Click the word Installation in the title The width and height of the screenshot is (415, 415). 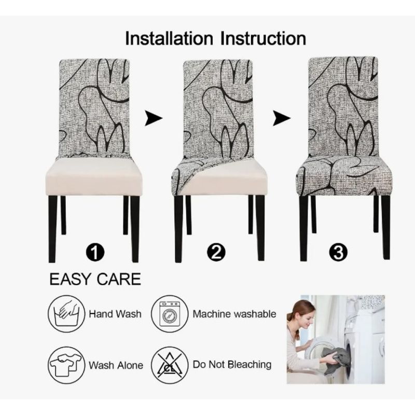(x=169, y=38)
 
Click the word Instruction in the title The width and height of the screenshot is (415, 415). (x=263, y=38)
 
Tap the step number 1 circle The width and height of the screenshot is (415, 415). (x=95, y=252)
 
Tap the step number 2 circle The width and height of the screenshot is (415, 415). (x=216, y=252)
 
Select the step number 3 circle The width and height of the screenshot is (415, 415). (x=338, y=252)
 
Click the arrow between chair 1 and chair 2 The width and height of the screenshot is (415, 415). (x=154, y=118)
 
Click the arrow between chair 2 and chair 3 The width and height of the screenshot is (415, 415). (x=282, y=118)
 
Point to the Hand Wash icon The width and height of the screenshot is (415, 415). (x=66, y=314)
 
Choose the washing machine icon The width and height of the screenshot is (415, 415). (x=170, y=314)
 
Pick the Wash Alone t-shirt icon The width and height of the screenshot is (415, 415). (x=66, y=365)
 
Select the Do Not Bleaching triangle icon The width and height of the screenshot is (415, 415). (x=170, y=365)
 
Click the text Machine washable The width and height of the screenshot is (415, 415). (x=234, y=314)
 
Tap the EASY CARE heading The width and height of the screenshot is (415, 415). (x=95, y=279)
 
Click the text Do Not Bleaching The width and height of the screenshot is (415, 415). (x=232, y=365)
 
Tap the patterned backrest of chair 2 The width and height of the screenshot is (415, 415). (x=218, y=108)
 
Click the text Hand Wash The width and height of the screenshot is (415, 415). (x=115, y=314)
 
